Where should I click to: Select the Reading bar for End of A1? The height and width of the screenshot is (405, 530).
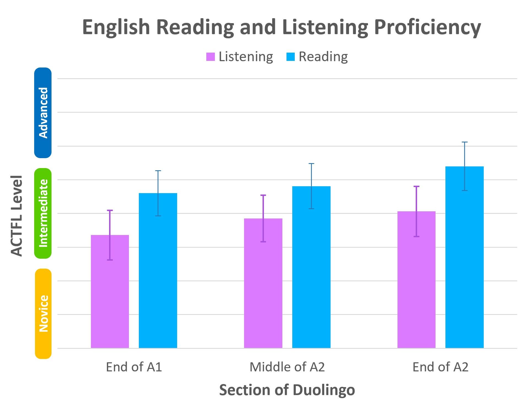[158, 276]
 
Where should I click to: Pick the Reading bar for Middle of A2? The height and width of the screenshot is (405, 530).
[311, 273]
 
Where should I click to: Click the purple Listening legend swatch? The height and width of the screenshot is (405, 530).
[210, 57]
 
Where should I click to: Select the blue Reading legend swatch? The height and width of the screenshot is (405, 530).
[290, 57]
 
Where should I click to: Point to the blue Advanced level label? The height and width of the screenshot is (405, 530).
[43, 113]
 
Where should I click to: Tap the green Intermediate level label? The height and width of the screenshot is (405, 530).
[43, 213]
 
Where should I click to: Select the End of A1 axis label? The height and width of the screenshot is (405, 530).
[134, 367]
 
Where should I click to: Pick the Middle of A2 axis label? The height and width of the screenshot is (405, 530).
[287, 367]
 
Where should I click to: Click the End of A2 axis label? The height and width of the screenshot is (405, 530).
[440, 367]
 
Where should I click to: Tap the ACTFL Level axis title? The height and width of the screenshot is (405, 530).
[17, 216]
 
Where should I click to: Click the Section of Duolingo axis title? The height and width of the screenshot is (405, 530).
[287, 390]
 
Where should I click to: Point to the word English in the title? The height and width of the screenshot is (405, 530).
[116, 28]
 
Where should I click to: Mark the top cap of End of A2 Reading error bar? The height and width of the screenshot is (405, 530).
[465, 142]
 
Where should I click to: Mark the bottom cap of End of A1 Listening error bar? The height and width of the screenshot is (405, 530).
[110, 260]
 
